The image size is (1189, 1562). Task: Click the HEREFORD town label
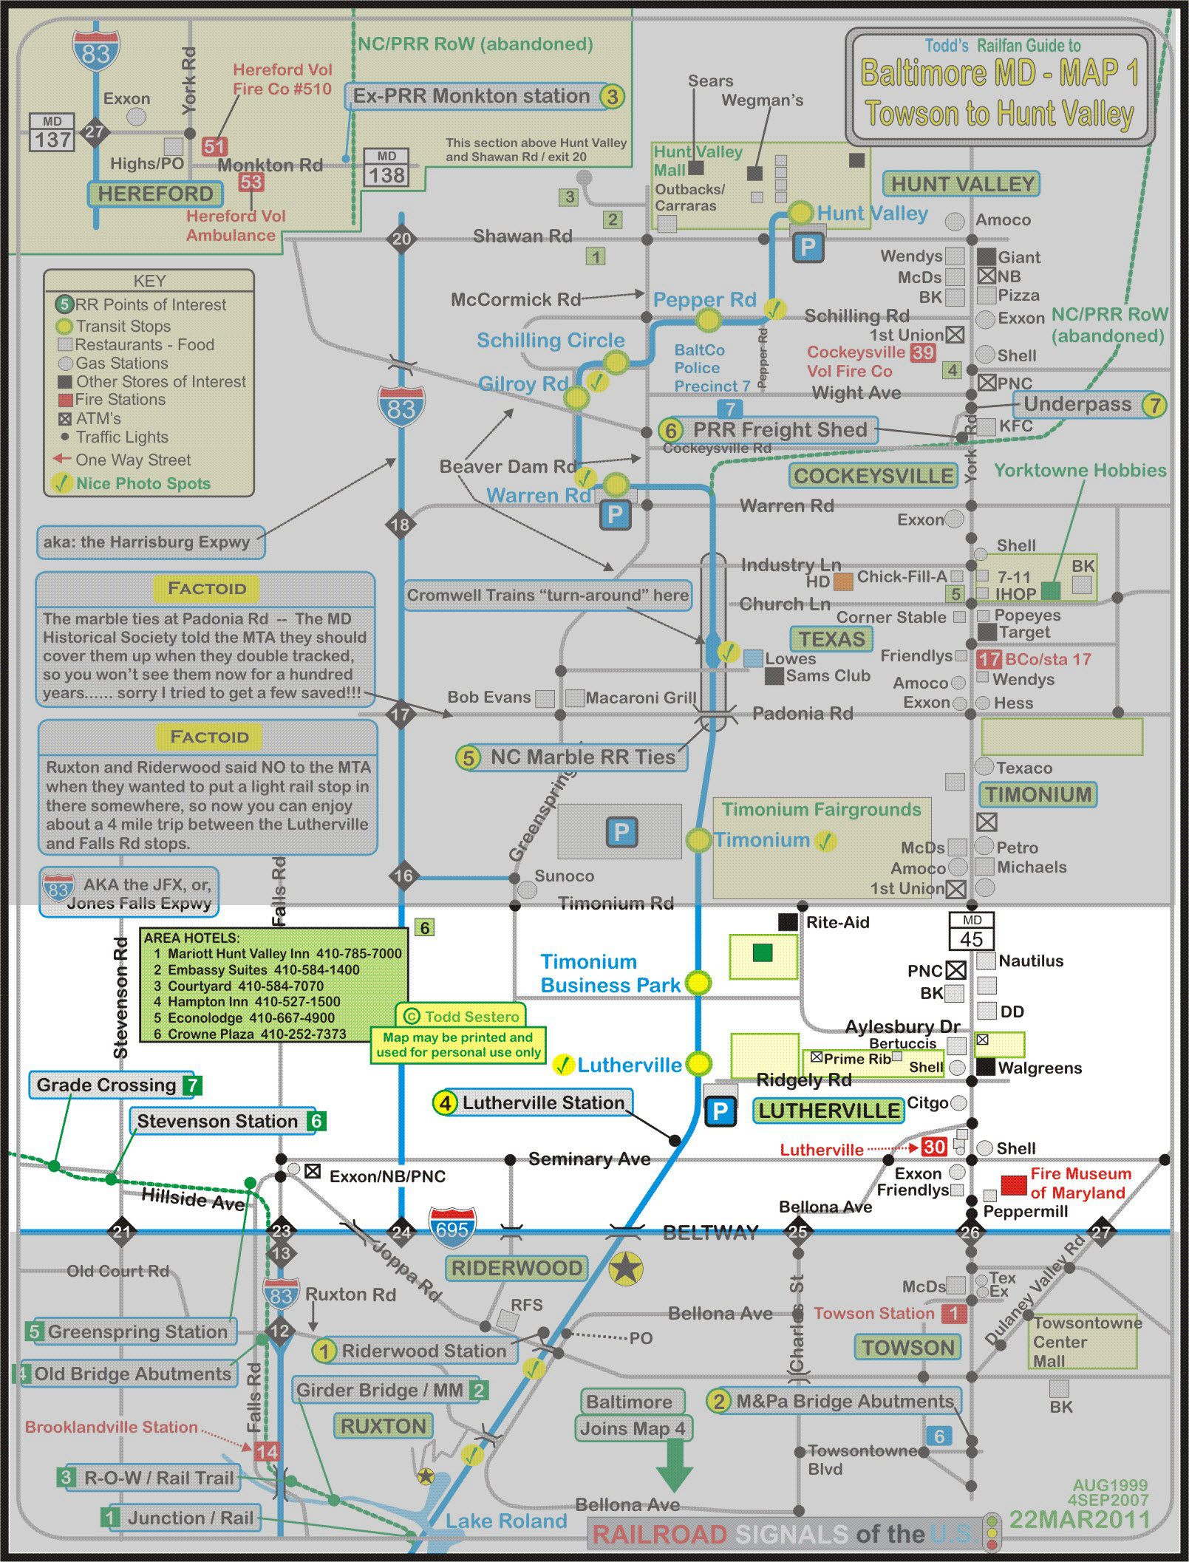(155, 194)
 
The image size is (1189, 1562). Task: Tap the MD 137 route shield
(52, 133)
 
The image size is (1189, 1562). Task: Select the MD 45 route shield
(971, 931)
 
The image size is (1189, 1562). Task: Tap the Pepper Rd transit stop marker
(709, 320)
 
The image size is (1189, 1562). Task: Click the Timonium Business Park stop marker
(698, 983)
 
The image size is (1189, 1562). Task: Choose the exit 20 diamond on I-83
(401, 239)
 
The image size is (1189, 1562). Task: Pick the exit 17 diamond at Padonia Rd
(401, 715)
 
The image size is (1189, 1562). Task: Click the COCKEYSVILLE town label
(873, 476)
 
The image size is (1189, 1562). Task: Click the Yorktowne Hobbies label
(1080, 470)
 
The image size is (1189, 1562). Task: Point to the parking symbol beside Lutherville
(720, 1111)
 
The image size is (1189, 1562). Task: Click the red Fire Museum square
(1013, 1184)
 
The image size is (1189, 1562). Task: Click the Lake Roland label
(505, 1521)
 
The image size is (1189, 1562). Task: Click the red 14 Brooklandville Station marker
(266, 1452)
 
